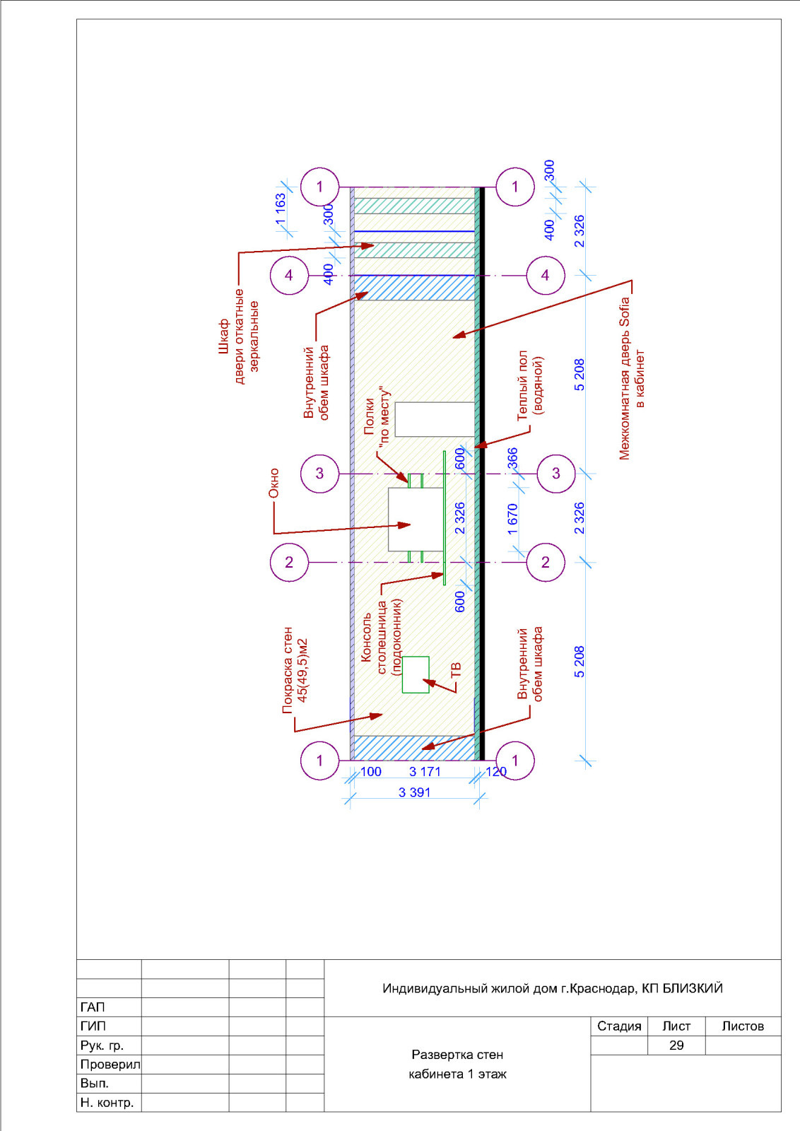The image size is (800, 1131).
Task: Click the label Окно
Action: tap(273, 484)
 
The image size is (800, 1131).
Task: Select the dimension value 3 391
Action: tap(414, 792)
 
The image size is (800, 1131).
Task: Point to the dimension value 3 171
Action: tap(425, 771)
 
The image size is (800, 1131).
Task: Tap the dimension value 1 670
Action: tap(512, 519)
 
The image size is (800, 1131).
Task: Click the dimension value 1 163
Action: tap(281, 209)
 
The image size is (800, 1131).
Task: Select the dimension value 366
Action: tap(512, 459)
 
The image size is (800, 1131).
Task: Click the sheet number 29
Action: tap(676, 1045)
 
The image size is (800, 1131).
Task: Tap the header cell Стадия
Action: tap(619, 1026)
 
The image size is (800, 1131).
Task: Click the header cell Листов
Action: tap(743, 1026)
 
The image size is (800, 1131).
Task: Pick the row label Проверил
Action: tap(110, 1065)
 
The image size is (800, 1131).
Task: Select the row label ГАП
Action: tap(93, 1007)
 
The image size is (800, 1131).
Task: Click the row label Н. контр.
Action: tap(107, 1103)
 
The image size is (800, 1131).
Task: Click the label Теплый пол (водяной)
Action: tap(530, 385)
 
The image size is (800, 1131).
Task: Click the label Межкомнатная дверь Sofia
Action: tap(624, 379)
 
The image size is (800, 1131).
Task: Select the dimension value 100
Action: tap(371, 771)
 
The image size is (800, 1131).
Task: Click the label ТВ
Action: tap(455, 671)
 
